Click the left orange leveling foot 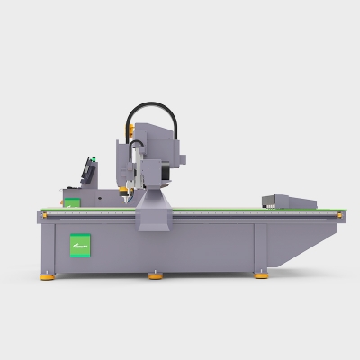[47, 276]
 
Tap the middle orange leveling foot [156, 276]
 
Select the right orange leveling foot [261, 275]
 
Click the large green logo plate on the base [82, 244]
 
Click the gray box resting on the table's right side [288, 202]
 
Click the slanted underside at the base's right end [301, 247]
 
